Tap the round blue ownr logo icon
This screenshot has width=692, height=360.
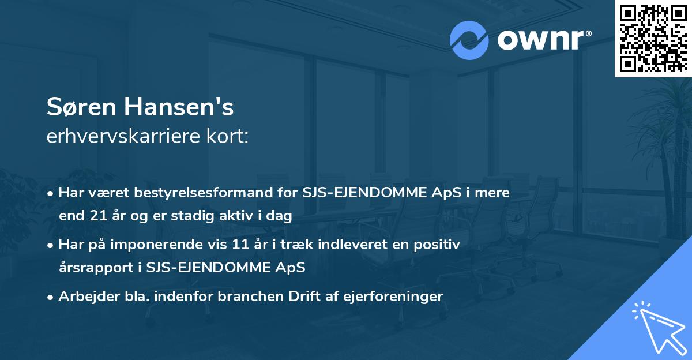click(x=469, y=40)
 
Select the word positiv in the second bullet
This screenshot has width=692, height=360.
click(x=441, y=245)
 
